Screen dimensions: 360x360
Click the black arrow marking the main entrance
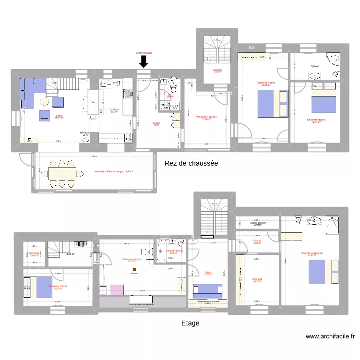(x=144, y=61)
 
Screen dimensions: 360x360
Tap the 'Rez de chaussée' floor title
(x=191, y=163)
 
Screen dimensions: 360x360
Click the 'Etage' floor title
(x=190, y=323)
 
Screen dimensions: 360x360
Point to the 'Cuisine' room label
(x=114, y=109)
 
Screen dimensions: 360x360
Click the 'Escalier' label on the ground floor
(x=217, y=70)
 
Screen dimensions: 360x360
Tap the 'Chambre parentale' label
(x=312, y=253)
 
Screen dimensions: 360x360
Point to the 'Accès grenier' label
(x=258, y=223)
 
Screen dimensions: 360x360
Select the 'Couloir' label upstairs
(x=257, y=241)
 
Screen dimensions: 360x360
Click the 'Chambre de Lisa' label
(x=132, y=259)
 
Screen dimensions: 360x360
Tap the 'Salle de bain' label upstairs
(x=173, y=251)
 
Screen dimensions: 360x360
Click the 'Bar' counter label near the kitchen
(x=93, y=102)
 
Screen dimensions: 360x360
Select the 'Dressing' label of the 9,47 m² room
(x=257, y=279)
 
